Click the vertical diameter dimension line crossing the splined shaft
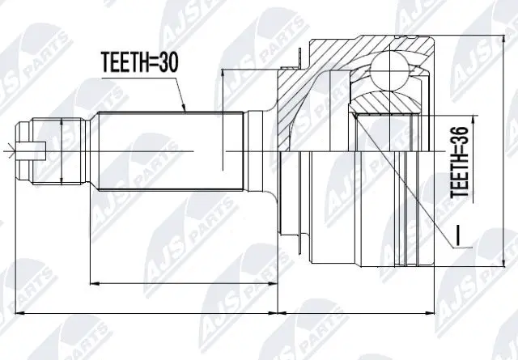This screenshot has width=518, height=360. pyautogui.click(x=221, y=121)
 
